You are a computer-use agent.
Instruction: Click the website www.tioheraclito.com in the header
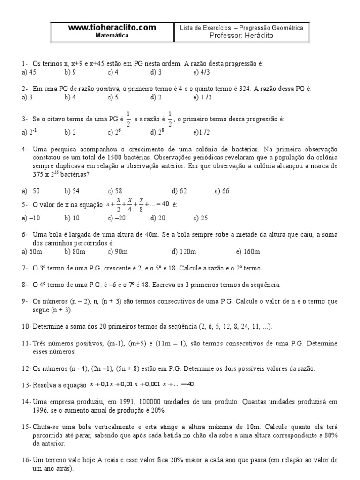pyautogui.click(x=112, y=28)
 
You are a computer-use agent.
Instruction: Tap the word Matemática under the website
pyautogui.click(x=112, y=35)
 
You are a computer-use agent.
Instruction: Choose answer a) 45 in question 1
pyautogui.click(x=29, y=72)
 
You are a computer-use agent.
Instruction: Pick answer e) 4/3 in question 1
pyautogui.click(x=199, y=72)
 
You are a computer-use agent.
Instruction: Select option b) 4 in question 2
pyautogui.click(x=70, y=97)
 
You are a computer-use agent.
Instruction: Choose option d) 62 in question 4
pyautogui.click(x=179, y=191)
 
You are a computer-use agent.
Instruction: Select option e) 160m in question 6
pyautogui.click(x=248, y=252)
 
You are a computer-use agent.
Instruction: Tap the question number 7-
pyautogui.click(x=25, y=268)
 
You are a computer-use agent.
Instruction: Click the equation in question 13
pyautogui.click(x=143, y=384)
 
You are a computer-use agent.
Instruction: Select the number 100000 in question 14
pyautogui.click(x=163, y=402)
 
